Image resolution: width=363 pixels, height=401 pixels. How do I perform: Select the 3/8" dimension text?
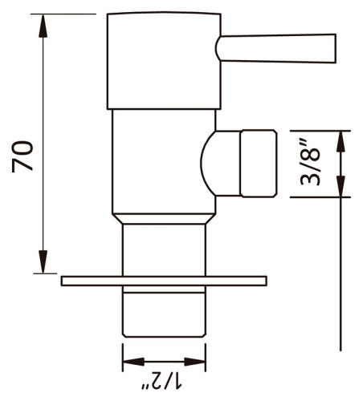pyautogui.click(x=311, y=164)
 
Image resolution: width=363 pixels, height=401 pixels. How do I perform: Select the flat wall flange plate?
pyautogui.click(x=164, y=280)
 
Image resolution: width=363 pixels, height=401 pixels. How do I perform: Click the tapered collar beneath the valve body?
pyautogui.click(x=164, y=218)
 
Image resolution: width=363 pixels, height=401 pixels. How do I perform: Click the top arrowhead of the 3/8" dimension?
pyautogui.click(x=343, y=140)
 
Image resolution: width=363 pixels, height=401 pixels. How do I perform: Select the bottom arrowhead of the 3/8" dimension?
pyautogui.click(x=343, y=188)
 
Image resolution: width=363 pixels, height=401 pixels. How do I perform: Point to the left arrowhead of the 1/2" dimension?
pyautogui.click(x=128, y=358)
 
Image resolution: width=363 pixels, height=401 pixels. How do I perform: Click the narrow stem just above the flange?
pyautogui.click(x=164, y=249)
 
